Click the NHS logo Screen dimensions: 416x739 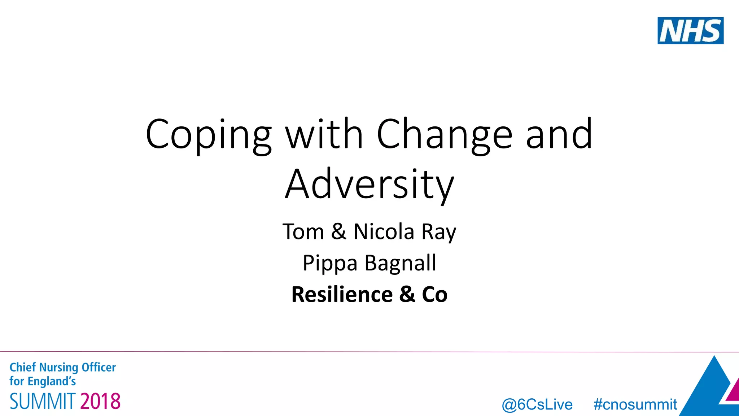[690, 31]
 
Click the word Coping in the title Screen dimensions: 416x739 [208, 135]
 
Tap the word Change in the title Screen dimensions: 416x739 [444, 135]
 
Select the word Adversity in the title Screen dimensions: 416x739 [369, 185]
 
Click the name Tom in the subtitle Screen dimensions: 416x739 [303, 231]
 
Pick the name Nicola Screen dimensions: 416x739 [384, 231]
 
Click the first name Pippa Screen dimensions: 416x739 [330, 263]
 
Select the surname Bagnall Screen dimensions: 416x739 [400, 263]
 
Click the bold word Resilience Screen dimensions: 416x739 [342, 294]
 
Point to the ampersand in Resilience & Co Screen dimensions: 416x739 [407, 294]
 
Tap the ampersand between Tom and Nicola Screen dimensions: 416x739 [338, 231]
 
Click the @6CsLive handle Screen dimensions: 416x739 [537, 404]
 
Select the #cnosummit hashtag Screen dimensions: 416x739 [635, 404]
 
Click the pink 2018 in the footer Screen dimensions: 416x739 [100, 401]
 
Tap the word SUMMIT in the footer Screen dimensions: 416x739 [43, 401]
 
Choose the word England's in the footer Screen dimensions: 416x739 [52, 381]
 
